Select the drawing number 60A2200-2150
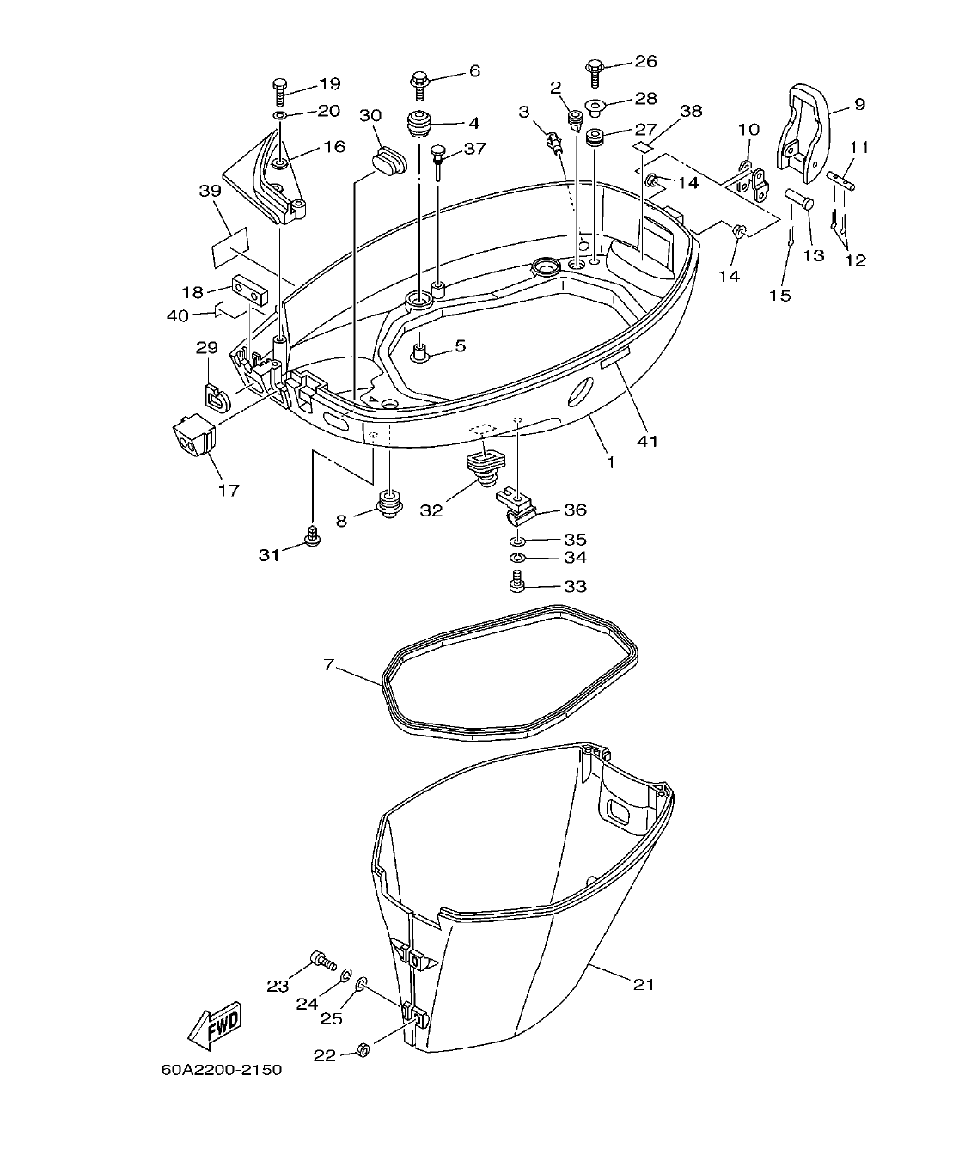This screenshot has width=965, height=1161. [x=221, y=1070]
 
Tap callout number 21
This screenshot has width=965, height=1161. [x=644, y=984]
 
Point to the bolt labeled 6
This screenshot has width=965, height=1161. [x=420, y=82]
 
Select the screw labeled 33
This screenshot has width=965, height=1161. [x=516, y=586]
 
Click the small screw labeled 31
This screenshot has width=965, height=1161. [x=314, y=535]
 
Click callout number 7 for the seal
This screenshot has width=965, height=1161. [x=328, y=665]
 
